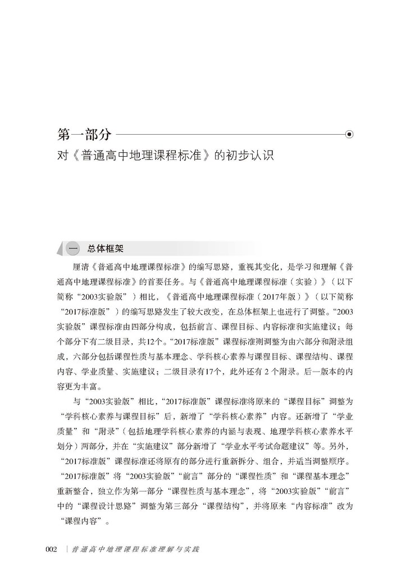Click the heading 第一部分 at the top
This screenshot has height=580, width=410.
(x=84, y=135)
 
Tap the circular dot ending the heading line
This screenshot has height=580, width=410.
(x=349, y=135)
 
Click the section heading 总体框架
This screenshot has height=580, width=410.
(x=106, y=248)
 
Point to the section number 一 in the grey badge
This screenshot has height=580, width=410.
(x=72, y=248)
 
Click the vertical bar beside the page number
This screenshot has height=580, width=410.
(x=67, y=549)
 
